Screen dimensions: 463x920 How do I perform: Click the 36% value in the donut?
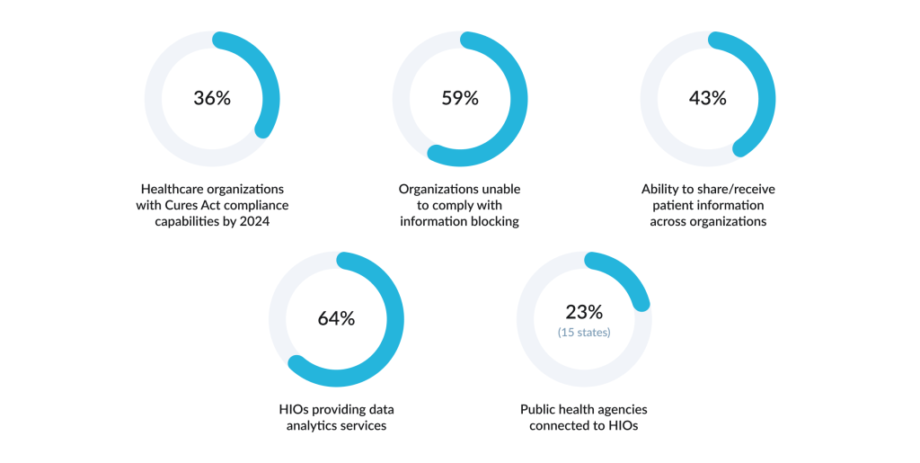[x=212, y=98]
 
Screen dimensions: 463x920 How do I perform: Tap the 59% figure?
[x=460, y=98]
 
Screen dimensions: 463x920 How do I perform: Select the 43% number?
[x=707, y=98]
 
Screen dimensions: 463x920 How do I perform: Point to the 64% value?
[x=336, y=318]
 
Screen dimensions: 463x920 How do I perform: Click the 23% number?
[x=584, y=312]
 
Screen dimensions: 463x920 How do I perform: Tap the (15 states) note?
[x=584, y=333]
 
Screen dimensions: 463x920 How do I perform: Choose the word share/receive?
[x=735, y=189]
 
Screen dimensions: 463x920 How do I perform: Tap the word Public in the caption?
[x=540, y=409]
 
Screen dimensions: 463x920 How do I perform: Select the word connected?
[x=560, y=425]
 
